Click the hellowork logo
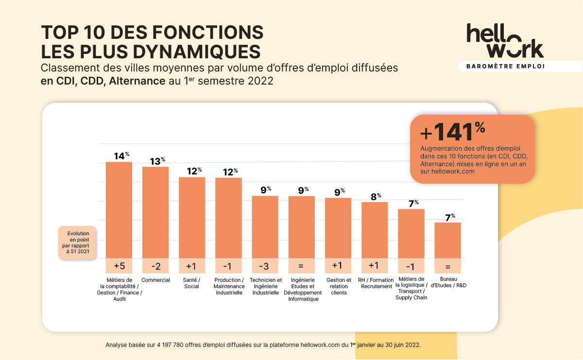(505, 41)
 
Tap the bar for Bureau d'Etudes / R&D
(447, 240)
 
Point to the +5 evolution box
(119, 266)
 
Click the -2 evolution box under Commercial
(155, 266)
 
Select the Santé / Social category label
(192, 283)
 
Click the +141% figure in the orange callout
(452, 132)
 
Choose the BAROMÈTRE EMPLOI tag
(505, 66)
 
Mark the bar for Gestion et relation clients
(338, 228)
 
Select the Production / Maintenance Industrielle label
(228, 286)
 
